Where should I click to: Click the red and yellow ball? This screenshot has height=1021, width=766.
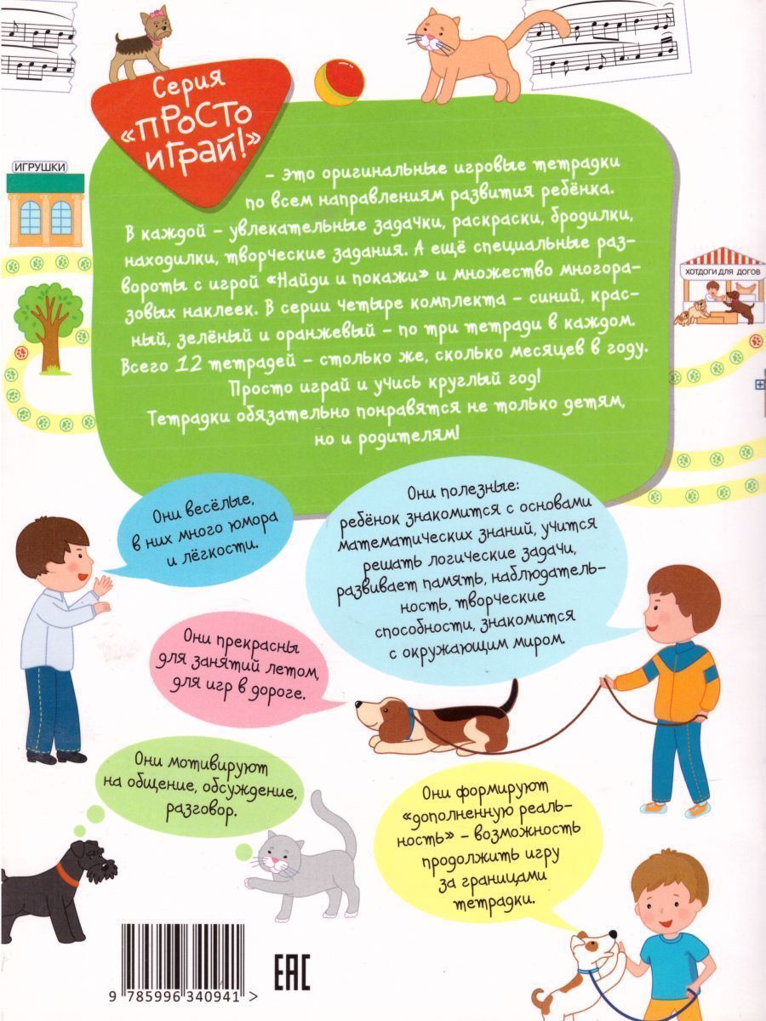pos(340,81)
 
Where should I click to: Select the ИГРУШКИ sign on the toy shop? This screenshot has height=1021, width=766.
pos(38,168)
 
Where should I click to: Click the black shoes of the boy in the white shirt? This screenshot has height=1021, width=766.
pos(57,756)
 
